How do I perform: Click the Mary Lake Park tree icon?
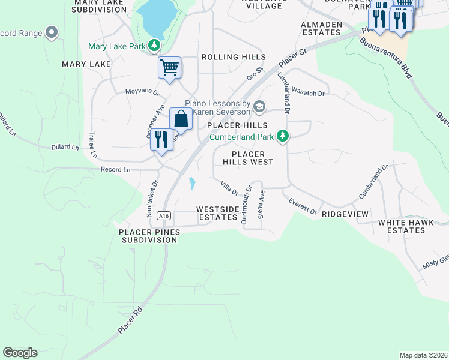coord(155,46)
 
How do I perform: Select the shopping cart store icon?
coord(170,67)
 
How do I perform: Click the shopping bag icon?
coord(181,119)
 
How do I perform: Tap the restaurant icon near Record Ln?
coord(161,140)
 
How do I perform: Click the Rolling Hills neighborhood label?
coord(234,57)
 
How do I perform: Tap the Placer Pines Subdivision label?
coord(148,236)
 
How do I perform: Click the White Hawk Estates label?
coord(402,226)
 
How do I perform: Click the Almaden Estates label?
coord(321,28)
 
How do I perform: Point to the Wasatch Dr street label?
coord(308,94)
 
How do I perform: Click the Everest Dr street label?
coord(303,206)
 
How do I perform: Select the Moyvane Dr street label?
coord(142,92)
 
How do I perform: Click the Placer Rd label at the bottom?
coord(130,321)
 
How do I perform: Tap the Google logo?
coord(20,353)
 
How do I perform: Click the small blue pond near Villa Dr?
coord(192,183)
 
